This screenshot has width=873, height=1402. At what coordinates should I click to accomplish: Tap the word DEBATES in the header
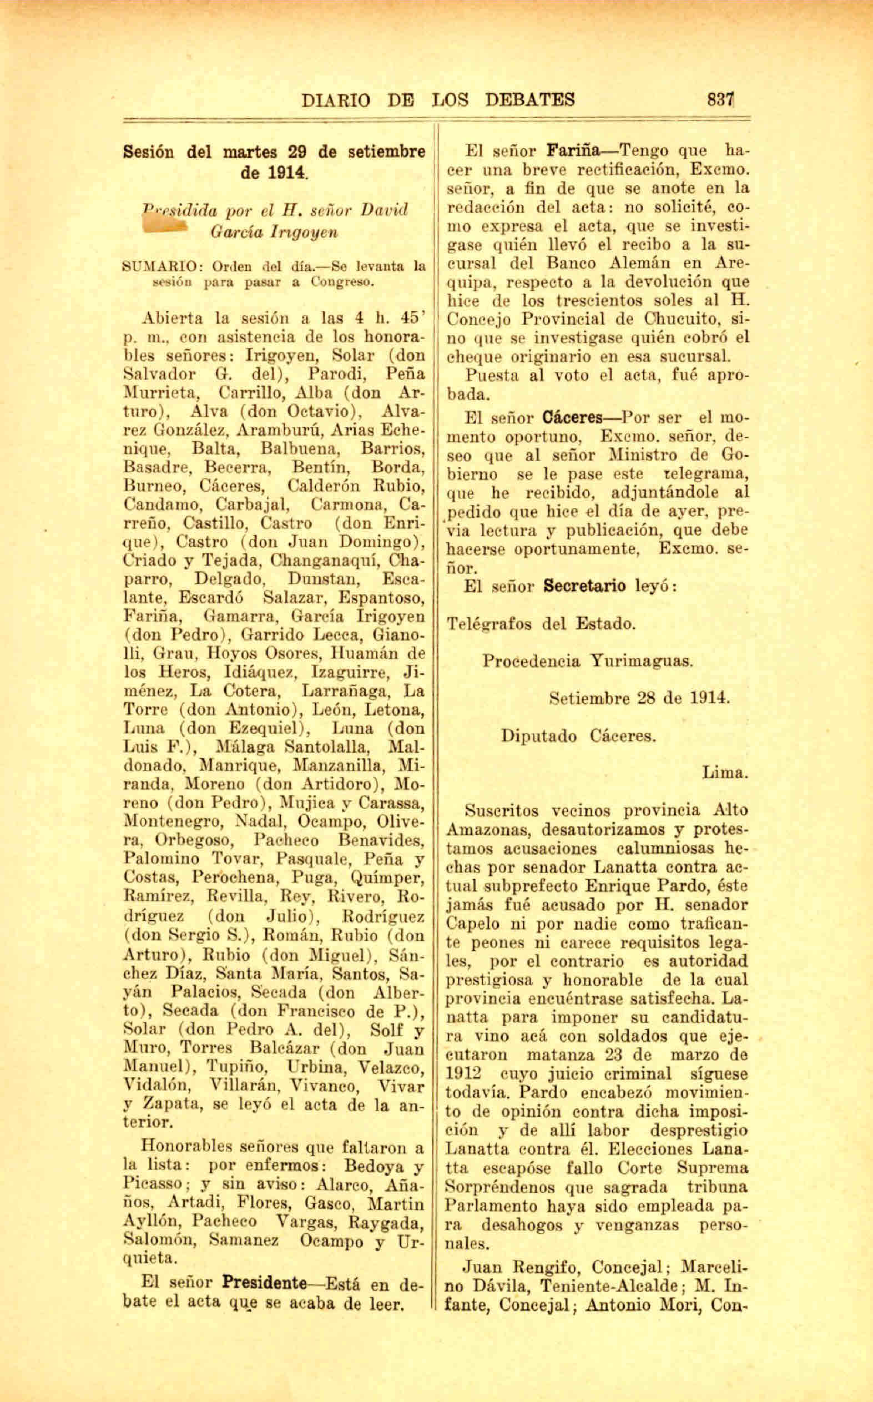[x=530, y=100]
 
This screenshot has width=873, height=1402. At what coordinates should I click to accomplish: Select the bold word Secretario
[x=585, y=586]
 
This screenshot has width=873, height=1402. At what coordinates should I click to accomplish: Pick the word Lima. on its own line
[x=725, y=773]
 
